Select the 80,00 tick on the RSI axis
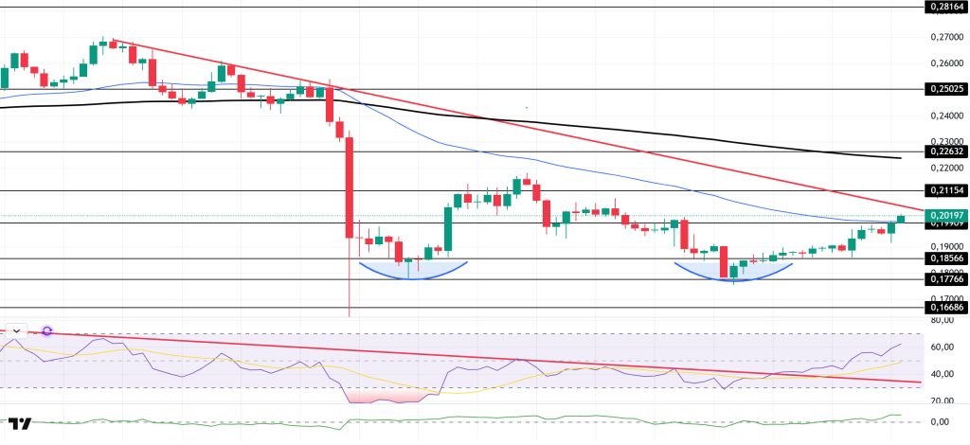[x=940, y=321]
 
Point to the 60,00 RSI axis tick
[x=940, y=347]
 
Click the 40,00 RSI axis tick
[x=940, y=375]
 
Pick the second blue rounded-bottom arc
[x=734, y=276]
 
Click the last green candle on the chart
[x=900, y=219]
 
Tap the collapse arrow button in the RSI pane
[x=16, y=330]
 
